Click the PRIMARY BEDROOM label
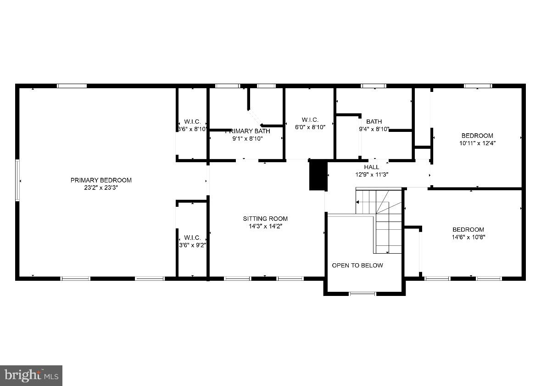click(101, 180)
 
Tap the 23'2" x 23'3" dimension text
click(101, 187)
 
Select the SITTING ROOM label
click(265, 219)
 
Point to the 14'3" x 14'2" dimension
click(265, 226)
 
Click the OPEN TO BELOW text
click(357, 265)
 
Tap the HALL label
click(372, 167)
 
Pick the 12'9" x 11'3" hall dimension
click(372, 175)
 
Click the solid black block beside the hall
click(317, 175)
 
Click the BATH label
click(374, 122)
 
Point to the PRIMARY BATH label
click(248, 131)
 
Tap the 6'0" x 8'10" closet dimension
click(310, 127)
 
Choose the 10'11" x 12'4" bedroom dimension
click(477, 143)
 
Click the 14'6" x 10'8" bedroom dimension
click(468, 237)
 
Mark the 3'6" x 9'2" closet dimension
click(192, 245)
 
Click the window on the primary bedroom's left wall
click(17, 180)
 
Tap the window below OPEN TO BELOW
click(363, 293)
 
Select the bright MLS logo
click(31, 375)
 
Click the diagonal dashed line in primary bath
click(255, 117)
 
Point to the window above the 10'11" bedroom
click(477, 86)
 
